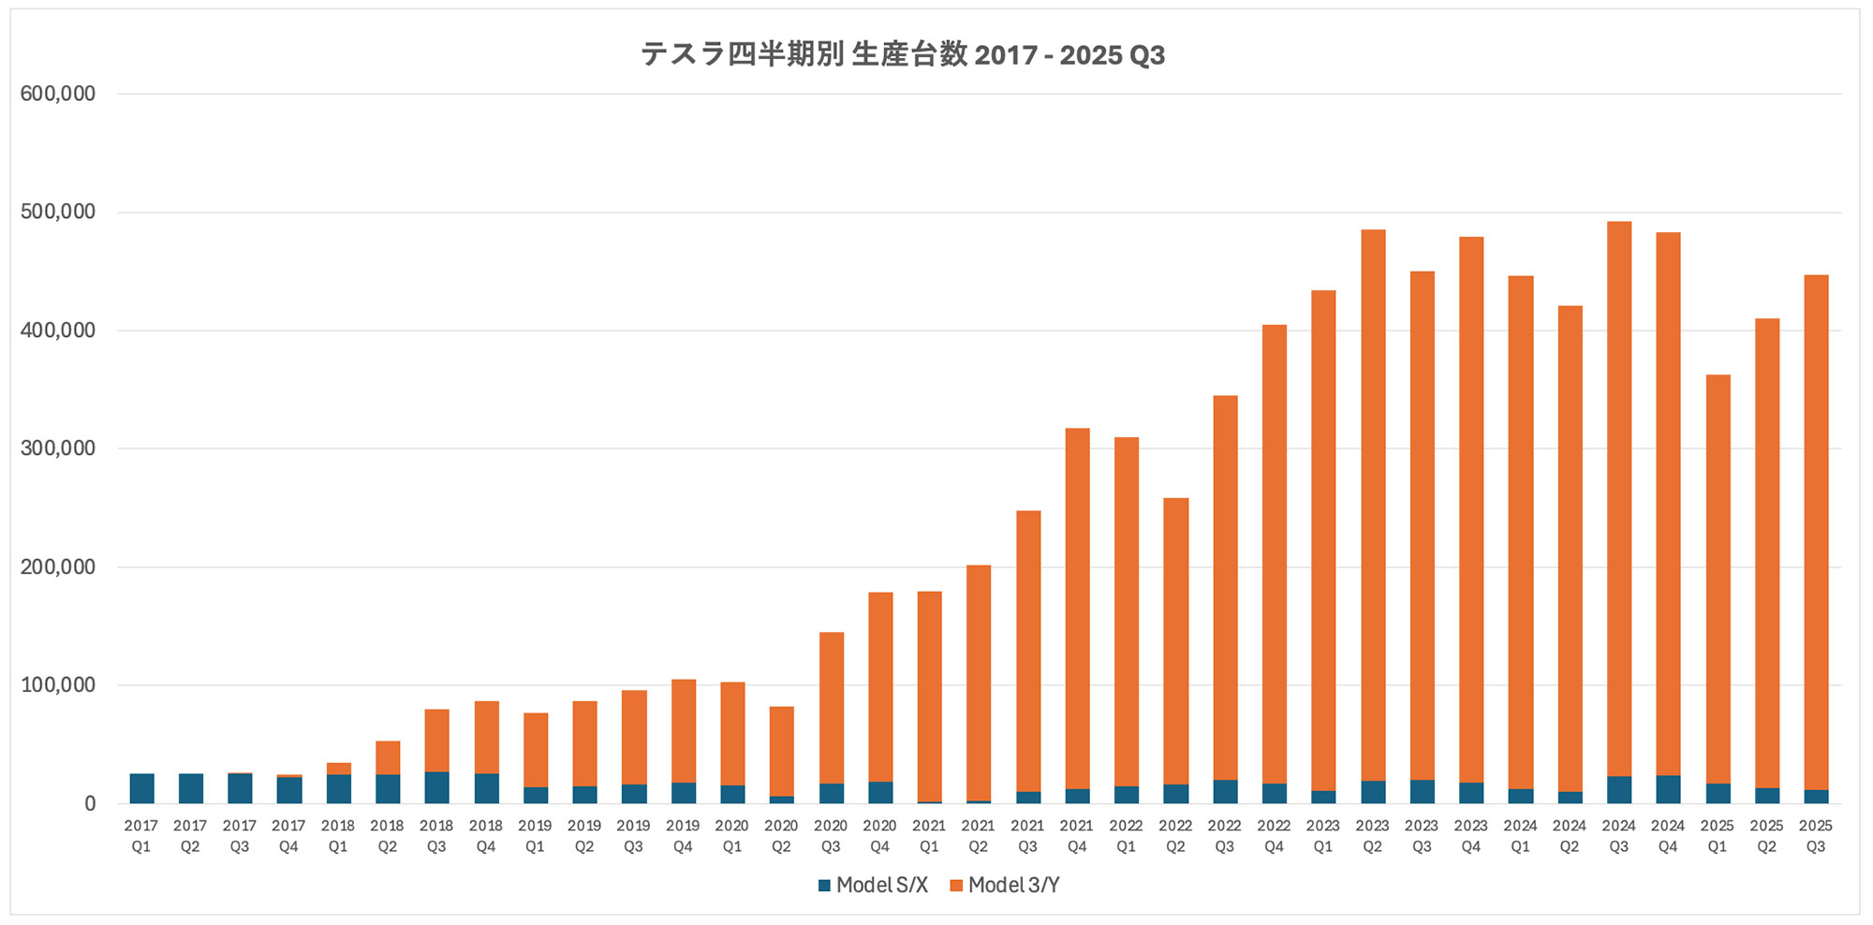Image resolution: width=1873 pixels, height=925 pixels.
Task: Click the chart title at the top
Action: click(x=903, y=55)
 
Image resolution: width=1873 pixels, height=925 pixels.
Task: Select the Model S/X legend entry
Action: click(x=873, y=886)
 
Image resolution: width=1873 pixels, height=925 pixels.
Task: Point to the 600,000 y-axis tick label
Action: click(x=58, y=94)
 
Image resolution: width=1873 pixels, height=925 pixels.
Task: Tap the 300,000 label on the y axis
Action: click(x=58, y=448)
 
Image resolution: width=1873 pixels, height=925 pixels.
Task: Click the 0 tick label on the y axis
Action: click(x=90, y=803)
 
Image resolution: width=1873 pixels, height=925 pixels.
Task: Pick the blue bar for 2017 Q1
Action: click(x=142, y=788)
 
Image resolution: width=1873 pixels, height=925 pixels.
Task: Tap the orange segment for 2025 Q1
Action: click(x=1718, y=580)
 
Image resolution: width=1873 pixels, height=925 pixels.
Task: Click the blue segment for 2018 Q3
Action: click(x=436, y=787)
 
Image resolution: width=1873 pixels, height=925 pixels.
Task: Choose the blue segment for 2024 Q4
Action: click(x=1668, y=789)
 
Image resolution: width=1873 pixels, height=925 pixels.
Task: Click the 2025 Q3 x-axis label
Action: click(x=1816, y=836)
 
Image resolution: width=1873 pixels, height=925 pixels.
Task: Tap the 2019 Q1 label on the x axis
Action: click(x=535, y=836)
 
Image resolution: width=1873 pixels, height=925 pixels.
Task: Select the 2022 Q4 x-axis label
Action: click(x=1274, y=836)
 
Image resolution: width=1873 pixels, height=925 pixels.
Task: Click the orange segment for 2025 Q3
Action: click(x=1816, y=533)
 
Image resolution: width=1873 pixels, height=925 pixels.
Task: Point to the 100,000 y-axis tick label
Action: click(x=58, y=685)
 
